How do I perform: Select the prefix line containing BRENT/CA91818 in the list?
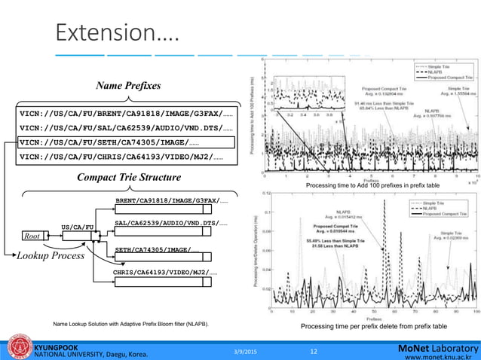125,113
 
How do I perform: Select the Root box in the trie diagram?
32,236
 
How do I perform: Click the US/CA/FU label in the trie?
77,226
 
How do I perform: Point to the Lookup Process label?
51,256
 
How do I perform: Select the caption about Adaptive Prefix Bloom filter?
130,324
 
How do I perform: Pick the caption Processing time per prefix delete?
373,326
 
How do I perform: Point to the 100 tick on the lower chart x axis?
475,310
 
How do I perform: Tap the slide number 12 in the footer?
314,350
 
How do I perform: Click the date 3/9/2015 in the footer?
247,350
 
